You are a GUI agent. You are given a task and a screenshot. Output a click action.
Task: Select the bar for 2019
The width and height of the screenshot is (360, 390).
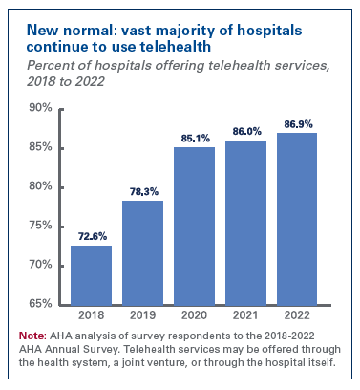tap(142, 252)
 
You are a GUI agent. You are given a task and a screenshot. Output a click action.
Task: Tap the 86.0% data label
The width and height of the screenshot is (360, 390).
tap(245, 131)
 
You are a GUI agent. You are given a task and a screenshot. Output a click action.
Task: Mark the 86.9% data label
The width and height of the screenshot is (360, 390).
tap(297, 124)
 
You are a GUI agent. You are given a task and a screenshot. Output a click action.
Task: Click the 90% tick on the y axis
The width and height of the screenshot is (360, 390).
tap(39, 108)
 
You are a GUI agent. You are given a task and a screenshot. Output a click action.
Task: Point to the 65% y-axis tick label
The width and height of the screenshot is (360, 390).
tap(39, 304)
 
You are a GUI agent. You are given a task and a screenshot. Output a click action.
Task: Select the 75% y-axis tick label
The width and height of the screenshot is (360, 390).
tap(39, 226)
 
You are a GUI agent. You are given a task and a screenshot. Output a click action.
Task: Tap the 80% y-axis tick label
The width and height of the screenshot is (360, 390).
tap(39, 186)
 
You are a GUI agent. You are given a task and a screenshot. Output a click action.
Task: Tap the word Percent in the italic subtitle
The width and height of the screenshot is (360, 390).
tap(49, 64)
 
